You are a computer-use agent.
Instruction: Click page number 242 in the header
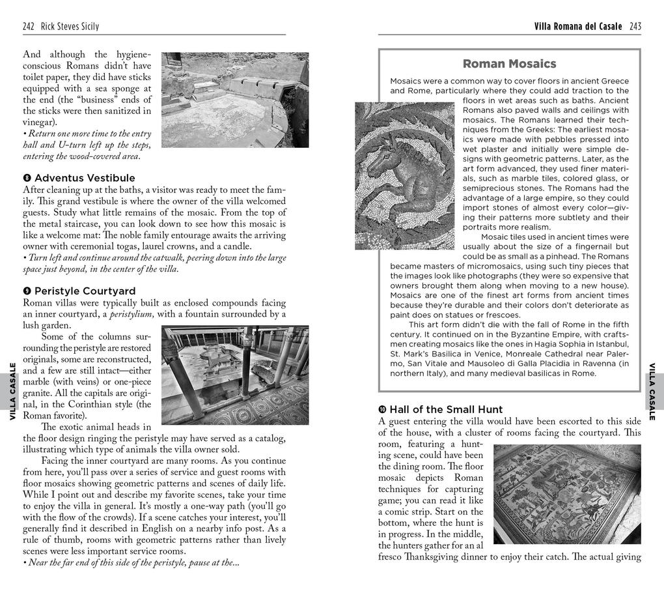pyautogui.click(x=29, y=27)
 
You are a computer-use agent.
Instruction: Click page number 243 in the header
pyautogui.click(x=635, y=27)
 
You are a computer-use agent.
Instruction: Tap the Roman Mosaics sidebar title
pyautogui.click(x=509, y=64)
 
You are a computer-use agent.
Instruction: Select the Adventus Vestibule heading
pyautogui.click(x=85, y=178)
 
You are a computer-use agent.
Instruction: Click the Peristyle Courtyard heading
pyautogui.click(x=85, y=291)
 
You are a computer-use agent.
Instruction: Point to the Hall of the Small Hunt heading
pyautogui.click(x=446, y=409)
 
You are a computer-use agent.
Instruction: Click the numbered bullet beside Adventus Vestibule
pyautogui.click(x=27, y=178)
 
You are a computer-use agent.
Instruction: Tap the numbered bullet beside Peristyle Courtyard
pyautogui.click(x=27, y=291)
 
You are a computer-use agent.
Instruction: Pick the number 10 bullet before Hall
pyautogui.click(x=383, y=409)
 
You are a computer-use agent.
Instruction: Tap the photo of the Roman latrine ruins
pyautogui.click(x=226, y=100)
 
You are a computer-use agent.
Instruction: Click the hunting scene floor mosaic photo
pyautogui.click(x=567, y=494)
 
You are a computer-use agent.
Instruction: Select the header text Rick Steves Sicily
pyautogui.click(x=70, y=27)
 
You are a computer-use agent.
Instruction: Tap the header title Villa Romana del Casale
pyautogui.click(x=577, y=27)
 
